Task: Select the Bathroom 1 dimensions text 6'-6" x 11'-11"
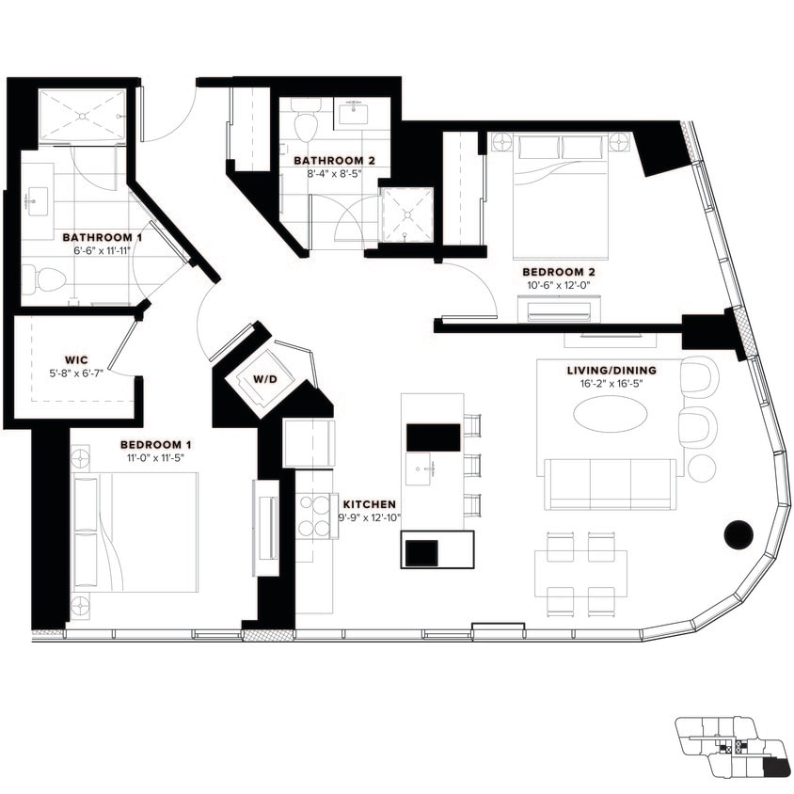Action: coord(102,252)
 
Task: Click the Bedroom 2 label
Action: coord(559,272)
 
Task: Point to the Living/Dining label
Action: coord(611,371)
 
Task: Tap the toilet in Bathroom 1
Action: coord(43,278)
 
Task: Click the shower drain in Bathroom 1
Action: coord(83,117)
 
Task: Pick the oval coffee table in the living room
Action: coord(611,413)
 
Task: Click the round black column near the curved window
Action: coord(738,534)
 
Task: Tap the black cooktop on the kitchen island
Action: coord(433,437)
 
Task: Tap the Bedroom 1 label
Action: coord(156,444)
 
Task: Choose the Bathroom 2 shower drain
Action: coord(406,214)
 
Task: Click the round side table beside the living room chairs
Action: coord(702,468)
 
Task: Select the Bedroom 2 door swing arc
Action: coord(480,287)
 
